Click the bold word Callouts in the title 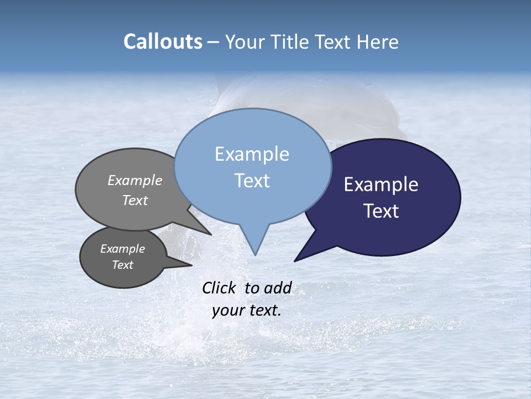pos(163,42)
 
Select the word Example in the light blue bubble pos(252,154)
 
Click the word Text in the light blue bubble pos(252,181)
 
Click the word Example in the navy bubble pos(381,185)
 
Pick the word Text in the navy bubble pos(381,211)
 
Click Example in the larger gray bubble pos(134,180)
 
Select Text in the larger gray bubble pos(134,200)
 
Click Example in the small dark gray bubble pos(122,249)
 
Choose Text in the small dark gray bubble pos(122,265)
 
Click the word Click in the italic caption pos(218,288)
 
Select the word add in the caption pos(277,288)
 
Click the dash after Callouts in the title pos(214,42)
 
